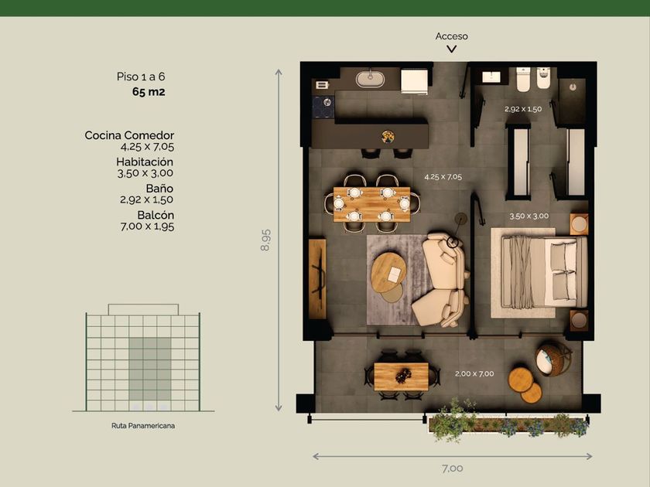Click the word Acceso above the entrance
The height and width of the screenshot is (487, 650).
click(x=451, y=36)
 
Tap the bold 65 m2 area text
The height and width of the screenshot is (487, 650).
click(x=149, y=91)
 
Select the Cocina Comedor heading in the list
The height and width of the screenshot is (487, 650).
click(x=129, y=135)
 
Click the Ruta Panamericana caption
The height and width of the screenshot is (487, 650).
click(x=143, y=426)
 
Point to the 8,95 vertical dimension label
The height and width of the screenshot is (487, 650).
click(x=265, y=240)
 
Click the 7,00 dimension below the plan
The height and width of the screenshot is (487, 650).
click(x=452, y=468)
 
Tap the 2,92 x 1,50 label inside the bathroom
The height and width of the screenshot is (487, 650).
click(x=523, y=109)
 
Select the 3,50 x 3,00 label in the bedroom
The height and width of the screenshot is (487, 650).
click(x=529, y=216)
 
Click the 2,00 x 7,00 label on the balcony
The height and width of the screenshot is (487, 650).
click(x=474, y=373)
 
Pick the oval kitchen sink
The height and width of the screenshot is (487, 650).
click(x=370, y=78)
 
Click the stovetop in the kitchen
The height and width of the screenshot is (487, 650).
click(x=323, y=107)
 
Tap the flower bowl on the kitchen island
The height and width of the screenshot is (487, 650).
click(x=388, y=136)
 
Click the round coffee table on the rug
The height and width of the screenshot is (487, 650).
click(x=388, y=273)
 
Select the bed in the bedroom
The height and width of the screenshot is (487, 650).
click(x=544, y=271)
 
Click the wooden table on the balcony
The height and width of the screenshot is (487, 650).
click(x=402, y=376)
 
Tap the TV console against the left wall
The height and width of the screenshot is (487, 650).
click(x=317, y=278)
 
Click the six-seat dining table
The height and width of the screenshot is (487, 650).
click(x=372, y=204)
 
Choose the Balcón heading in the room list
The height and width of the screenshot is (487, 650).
click(x=156, y=215)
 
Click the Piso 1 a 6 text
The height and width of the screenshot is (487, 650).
click(x=141, y=77)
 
